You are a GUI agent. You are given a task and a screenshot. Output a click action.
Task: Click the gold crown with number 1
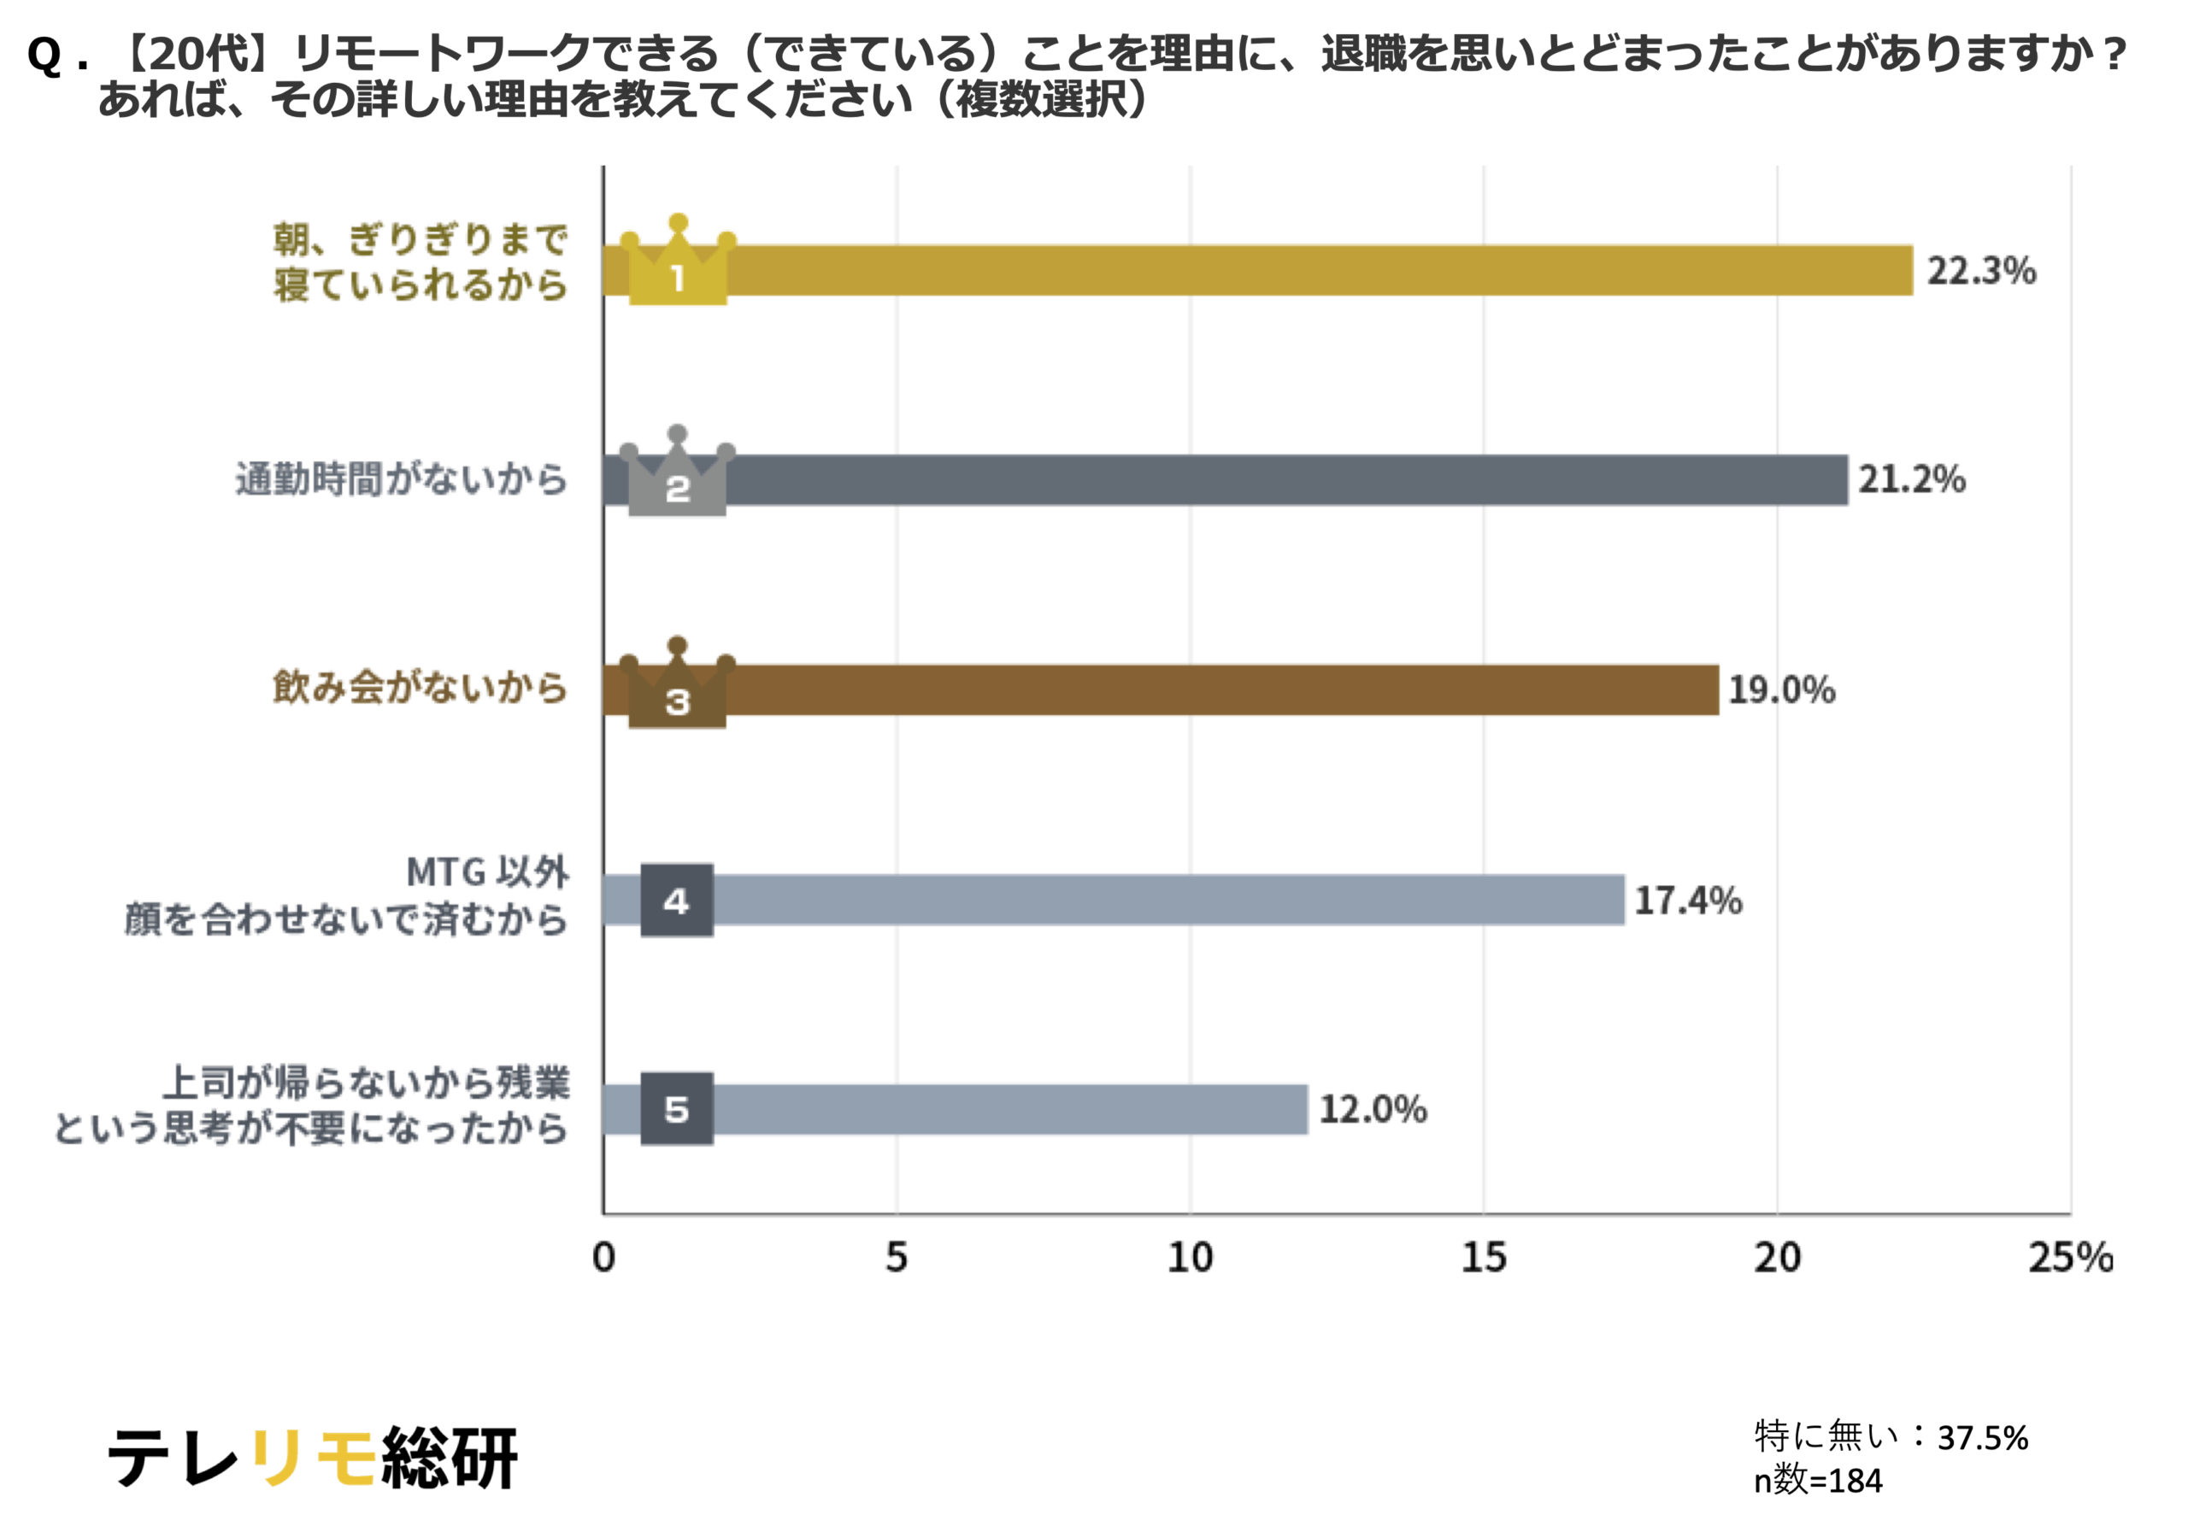pos(678,265)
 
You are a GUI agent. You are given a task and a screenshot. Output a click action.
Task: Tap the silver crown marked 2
pos(677,476)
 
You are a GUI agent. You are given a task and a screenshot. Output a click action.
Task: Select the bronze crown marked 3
pos(677,688)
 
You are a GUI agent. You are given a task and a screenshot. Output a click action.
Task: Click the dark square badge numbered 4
pos(677,901)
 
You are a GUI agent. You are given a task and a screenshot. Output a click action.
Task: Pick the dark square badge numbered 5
pos(677,1109)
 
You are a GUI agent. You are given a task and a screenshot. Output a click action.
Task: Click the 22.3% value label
pos(1981,271)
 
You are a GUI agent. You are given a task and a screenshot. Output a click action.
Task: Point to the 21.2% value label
pos(1912,479)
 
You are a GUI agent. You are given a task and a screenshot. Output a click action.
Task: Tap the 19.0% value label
pos(1781,690)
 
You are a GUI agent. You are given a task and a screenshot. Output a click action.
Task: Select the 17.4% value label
pos(1688,901)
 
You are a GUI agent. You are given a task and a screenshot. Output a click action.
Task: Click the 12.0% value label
pos(1373,1109)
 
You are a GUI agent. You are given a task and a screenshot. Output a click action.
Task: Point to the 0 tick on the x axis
pos(603,1258)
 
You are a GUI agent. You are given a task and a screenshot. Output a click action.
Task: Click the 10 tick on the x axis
pos(1191,1258)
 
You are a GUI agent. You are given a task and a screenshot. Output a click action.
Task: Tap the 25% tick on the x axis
pos(2070,1258)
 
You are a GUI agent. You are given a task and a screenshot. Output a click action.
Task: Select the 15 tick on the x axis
pos(1484,1258)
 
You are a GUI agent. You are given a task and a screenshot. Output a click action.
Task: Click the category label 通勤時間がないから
pos(401,478)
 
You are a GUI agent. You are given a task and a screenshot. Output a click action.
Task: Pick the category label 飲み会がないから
pos(420,688)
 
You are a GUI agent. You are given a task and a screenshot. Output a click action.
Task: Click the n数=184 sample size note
pos(1817,1480)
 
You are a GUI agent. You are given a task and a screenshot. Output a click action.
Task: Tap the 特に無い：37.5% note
pos(1891,1436)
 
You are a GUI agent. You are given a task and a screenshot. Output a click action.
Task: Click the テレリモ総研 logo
pos(313,1458)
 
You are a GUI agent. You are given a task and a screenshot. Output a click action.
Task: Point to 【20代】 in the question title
pos(197,53)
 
